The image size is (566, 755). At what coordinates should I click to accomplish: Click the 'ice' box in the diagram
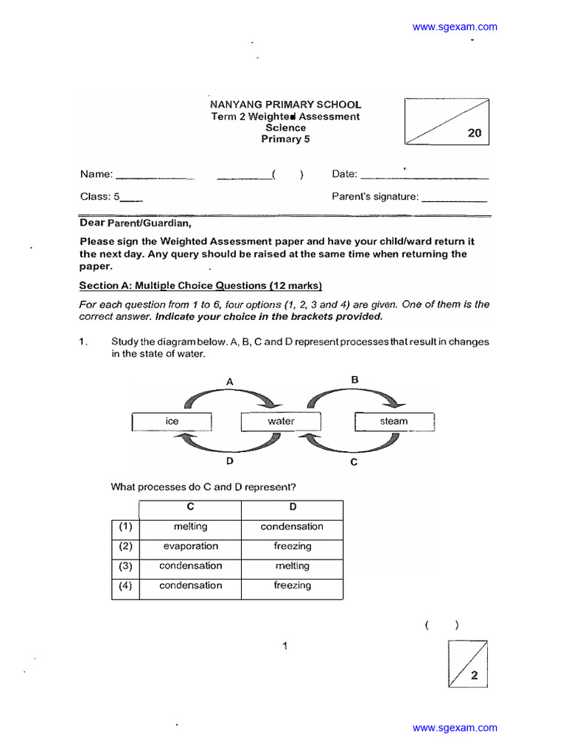coord(172,421)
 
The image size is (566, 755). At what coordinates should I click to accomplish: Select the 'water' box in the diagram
coord(281,421)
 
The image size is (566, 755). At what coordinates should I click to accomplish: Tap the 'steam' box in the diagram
coord(394,421)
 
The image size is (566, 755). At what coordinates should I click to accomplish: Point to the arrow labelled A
coord(231,397)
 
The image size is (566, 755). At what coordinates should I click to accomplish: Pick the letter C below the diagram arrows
coord(354,462)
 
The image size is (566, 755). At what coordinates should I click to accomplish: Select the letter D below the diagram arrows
coord(230,461)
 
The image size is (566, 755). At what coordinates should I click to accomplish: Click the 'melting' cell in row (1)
coord(190,526)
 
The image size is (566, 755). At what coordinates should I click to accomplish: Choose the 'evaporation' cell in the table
coord(190,546)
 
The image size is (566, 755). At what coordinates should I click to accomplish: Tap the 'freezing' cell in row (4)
coord(292,585)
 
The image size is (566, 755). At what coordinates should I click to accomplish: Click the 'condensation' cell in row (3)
coord(190,566)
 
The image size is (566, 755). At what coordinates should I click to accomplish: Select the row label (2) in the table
coord(125,546)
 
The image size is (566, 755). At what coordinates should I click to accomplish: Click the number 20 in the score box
coord(474,133)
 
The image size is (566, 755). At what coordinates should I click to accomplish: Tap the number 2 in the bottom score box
coord(474,675)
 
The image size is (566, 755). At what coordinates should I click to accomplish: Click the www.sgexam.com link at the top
coord(455,27)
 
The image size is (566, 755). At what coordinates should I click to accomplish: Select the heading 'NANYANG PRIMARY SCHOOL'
coord(286,105)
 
